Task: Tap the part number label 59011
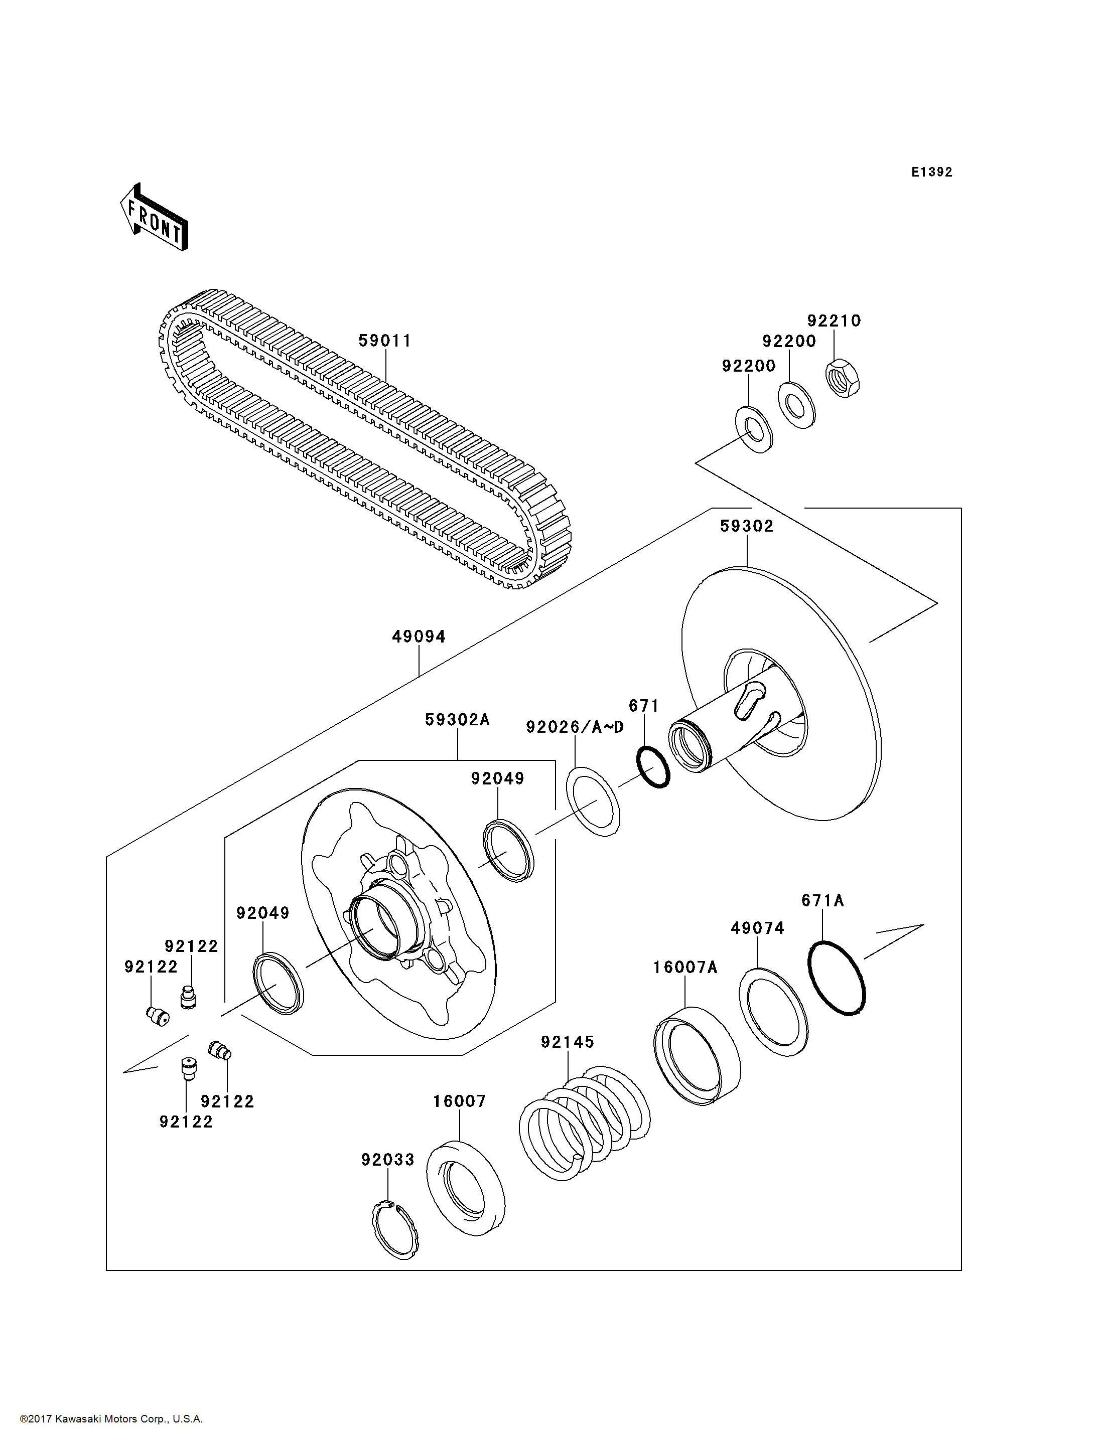coord(384,341)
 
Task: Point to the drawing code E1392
coord(932,172)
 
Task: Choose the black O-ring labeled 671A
coord(837,978)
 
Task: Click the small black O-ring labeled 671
coord(653,766)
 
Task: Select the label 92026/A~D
coord(575,727)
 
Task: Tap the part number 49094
coord(419,636)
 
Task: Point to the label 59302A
coord(457,719)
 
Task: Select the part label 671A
coord(822,901)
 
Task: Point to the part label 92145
coord(567,1041)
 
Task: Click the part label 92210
coord(834,321)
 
